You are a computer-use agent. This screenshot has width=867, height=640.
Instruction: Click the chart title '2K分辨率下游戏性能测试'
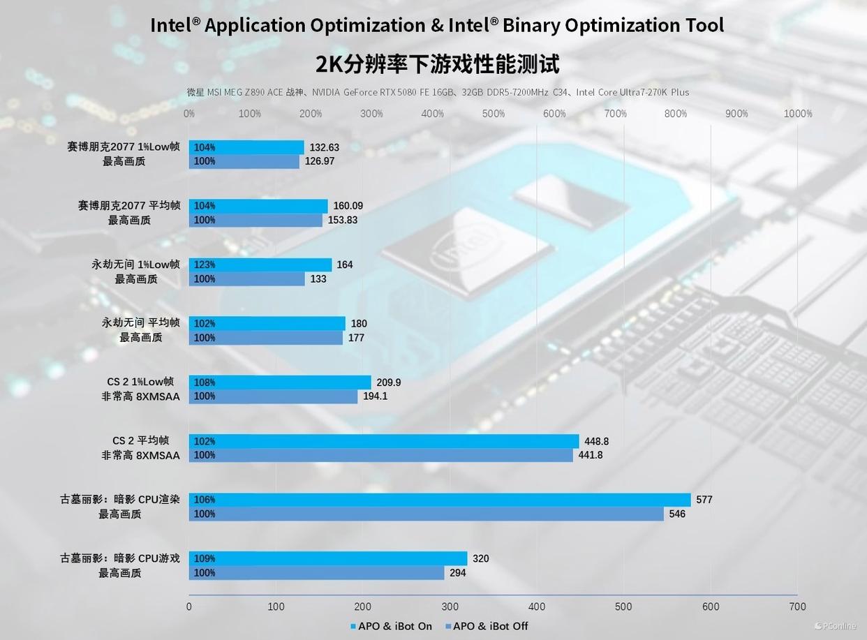437,65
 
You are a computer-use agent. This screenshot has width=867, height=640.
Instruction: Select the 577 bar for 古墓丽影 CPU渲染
440,500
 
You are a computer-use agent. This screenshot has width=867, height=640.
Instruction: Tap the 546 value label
677,514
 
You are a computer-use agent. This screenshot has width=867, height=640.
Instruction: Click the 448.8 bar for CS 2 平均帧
384,441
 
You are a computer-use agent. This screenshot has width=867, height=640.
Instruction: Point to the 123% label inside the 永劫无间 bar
205,265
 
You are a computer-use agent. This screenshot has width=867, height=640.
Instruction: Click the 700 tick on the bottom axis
797,606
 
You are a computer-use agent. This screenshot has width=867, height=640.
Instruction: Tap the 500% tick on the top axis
494,114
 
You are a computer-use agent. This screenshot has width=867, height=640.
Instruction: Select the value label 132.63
325,147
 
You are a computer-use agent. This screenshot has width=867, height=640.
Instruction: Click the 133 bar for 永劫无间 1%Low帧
247,279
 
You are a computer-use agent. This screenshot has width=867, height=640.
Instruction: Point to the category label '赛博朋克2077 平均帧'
129,205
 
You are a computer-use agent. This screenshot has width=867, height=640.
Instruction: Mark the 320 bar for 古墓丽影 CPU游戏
328,558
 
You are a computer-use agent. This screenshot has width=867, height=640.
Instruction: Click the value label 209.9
388,382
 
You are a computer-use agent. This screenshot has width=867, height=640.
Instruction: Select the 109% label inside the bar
205,558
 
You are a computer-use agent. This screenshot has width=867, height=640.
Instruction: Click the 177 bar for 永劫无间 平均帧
266,338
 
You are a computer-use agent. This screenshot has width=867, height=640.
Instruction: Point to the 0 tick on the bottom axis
189,606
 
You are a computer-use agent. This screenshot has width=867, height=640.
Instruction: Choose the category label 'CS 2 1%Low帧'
140,382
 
